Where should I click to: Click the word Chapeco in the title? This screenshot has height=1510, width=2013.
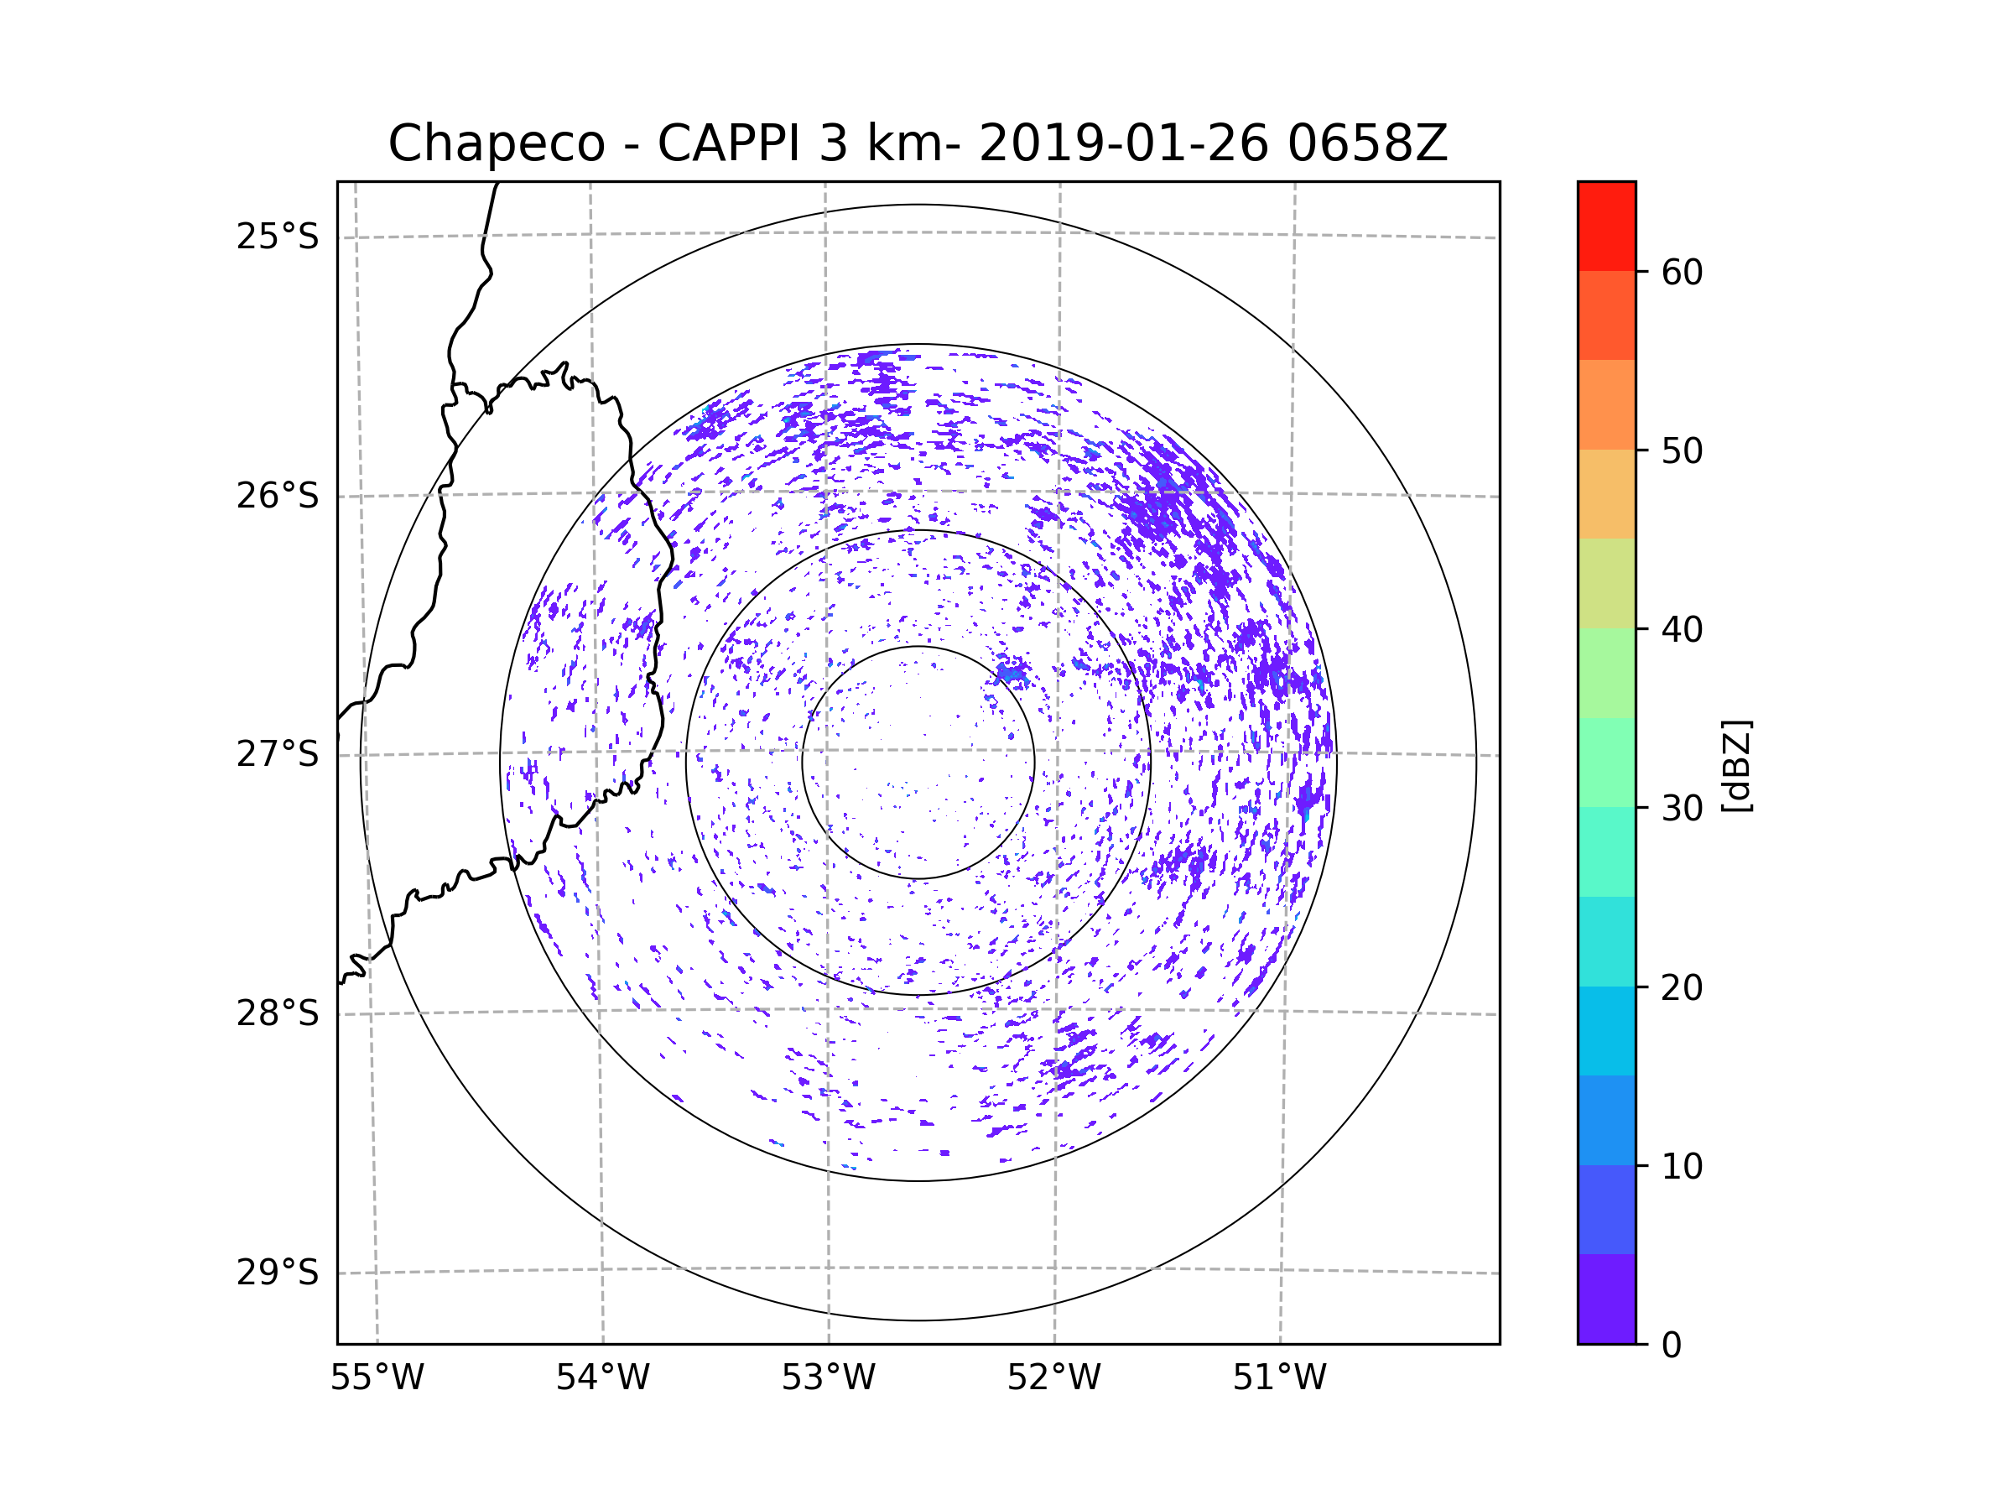(x=496, y=143)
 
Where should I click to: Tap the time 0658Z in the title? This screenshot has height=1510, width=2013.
(x=1367, y=143)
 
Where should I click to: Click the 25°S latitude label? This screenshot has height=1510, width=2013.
(x=278, y=237)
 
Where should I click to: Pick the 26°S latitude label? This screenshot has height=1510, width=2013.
(x=278, y=496)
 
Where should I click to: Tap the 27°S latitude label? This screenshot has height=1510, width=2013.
(x=278, y=754)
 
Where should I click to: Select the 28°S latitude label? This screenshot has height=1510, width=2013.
(x=278, y=1013)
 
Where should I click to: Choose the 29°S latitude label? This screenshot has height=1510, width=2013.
(x=278, y=1273)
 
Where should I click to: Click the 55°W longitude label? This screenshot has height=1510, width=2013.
(x=377, y=1378)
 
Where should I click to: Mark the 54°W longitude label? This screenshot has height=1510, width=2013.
(x=602, y=1378)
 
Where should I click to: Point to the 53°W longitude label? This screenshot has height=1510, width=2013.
(x=828, y=1378)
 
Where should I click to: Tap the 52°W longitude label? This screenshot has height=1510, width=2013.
(x=1053, y=1378)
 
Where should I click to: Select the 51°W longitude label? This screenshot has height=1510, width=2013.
(x=1279, y=1378)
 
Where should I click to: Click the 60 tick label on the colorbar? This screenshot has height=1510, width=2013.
(x=1682, y=272)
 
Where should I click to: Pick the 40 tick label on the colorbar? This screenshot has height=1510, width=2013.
(x=1682, y=630)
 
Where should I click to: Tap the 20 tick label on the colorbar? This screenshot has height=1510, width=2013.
(x=1682, y=987)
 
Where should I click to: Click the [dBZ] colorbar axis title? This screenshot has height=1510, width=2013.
(x=1736, y=765)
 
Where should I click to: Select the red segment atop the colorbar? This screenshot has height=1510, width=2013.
(x=1606, y=226)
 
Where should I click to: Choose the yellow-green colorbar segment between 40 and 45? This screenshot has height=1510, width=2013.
(x=1606, y=583)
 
